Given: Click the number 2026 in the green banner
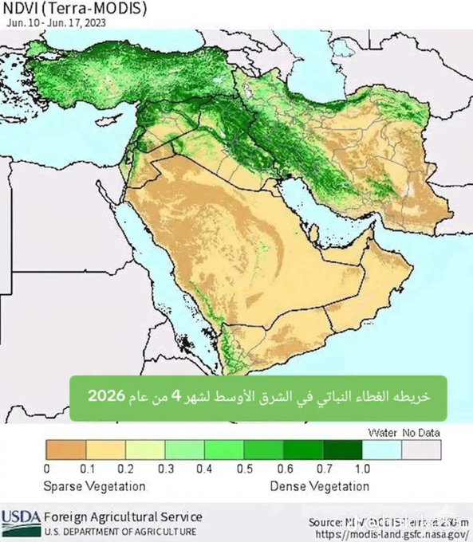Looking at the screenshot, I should pos(105,395).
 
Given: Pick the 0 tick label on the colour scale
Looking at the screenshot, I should pos(47,468).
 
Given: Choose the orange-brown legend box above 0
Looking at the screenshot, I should pos(65,450).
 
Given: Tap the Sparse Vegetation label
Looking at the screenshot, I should pos(95,485).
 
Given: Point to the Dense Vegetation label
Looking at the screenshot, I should pos(319,485).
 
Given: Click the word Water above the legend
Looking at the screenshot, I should pos(383,432).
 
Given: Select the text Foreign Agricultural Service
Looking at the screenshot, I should pos(123,516).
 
